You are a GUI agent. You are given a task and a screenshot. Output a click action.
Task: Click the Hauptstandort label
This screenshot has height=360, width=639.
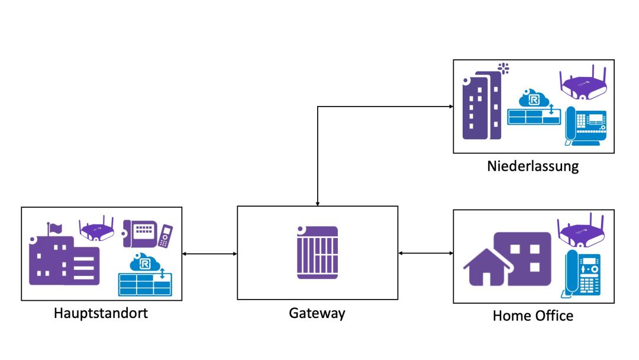point(101,313)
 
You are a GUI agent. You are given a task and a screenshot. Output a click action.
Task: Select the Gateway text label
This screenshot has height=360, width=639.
point(317,313)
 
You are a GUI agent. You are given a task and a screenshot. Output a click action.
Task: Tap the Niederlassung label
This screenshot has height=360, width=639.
point(532,166)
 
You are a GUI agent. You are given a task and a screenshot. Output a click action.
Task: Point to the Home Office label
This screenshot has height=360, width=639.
point(532,316)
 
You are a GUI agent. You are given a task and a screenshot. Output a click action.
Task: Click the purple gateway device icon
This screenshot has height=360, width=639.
point(317,252)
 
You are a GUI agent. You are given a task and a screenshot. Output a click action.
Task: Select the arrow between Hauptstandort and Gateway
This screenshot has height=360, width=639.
point(209,254)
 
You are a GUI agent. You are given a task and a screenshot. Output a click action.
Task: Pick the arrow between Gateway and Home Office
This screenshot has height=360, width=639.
point(425,253)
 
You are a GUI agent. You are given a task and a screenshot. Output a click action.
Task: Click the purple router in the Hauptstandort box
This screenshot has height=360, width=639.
point(96,229)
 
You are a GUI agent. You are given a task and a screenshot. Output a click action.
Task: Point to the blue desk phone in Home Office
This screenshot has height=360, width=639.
point(582,274)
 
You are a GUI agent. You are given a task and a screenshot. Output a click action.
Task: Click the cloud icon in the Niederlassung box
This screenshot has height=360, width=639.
point(529,98)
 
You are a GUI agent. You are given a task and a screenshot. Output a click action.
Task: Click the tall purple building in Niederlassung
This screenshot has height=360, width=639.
point(480,107)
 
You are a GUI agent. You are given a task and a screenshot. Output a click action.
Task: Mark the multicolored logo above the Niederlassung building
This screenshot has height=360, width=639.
point(504,67)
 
